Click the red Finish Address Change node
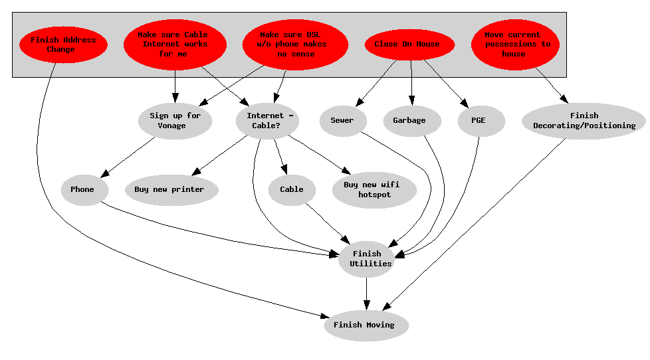pyautogui.click(x=63, y=45)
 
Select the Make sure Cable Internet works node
pyautogui.click(x=175, y=45)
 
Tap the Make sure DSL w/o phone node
pyautogui.click(x=295, y=45)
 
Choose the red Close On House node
pyautogui.click(x=409, y=45)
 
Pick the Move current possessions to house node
pyautogui.click(x=515, y=45)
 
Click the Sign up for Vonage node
pyautogui.click(x=175, y=121)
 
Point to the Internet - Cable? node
pyautogui.click(x=267, y=121)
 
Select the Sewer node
pyautogui.click(x=343, y=121)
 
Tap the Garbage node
pyautogui.click(x=411, y=121)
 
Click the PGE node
pyautogui.click(x=481, y=121)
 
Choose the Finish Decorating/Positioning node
pyautogui.click(x=584, y=121)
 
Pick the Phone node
pyautogui.click(x=84, y=190)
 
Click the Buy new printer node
pyautogui.click(x=171, y=190)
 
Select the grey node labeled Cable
pyautogui.click(x=292, y=190)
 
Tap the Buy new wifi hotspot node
pyautogui.click(x=374, y=190)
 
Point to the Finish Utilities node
pyautogui.click(x=366, y=259)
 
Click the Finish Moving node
pyautogui.click(x=366, y=325)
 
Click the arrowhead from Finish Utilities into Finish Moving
pyautogui.click(x=366, y=305)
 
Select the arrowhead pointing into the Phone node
pyautogui.click(x=105, y=173)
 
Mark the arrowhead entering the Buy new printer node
pyautogui.click(x=196, y=171)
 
